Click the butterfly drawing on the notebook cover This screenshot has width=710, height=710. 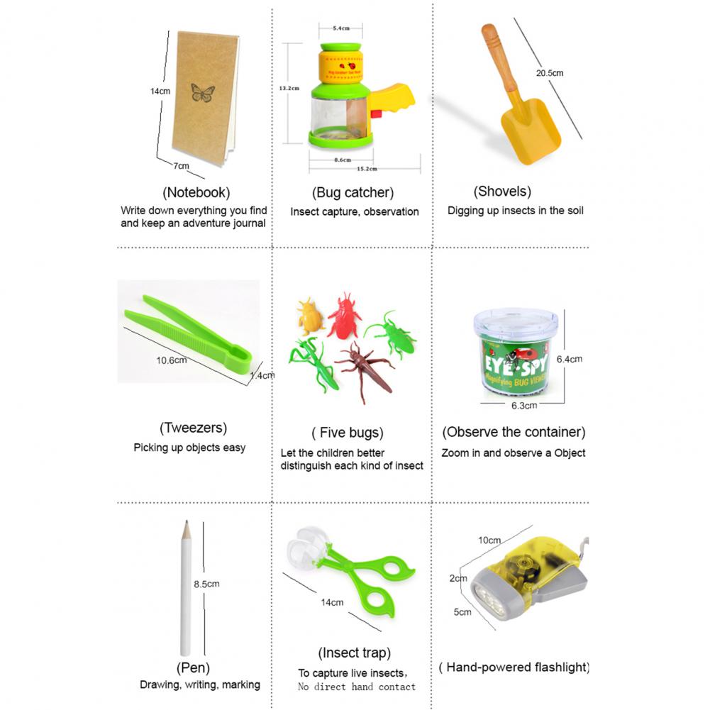click(x=202, y=93)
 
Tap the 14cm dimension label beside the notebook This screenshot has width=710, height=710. click(x=160, y=91)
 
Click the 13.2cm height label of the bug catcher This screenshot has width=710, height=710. click(x=289, y=88)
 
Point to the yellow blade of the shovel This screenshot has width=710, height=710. click(x=530, y=134)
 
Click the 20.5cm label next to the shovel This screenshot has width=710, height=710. click(x=550, y=72)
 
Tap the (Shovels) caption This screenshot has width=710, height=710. click(x=502, y=191)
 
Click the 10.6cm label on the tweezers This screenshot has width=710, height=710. click(x=172, y=360)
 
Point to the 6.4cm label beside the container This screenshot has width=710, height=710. click(x=569, y=359)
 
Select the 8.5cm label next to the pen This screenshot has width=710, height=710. click(x=206, y=584)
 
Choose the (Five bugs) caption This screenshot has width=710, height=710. click(x=348, y=433)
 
